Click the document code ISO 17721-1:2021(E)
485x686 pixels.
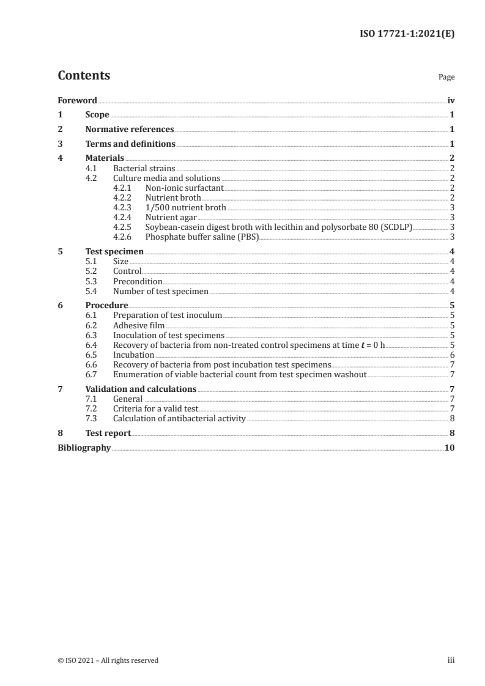(406, 35)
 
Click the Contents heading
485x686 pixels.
(84, 76)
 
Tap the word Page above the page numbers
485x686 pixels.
(446, 78)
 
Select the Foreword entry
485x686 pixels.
(77, 100)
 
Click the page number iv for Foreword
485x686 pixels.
(451, 100)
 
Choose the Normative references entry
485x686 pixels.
(130, 130)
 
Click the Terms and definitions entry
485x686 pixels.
(130, 144)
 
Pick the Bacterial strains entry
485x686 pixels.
(144, 168)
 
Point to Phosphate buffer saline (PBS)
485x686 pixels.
(202, 237)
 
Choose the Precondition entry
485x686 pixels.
(138, 281)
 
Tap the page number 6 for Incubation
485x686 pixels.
(451, 355)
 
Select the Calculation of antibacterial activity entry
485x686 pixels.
(179, 419)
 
